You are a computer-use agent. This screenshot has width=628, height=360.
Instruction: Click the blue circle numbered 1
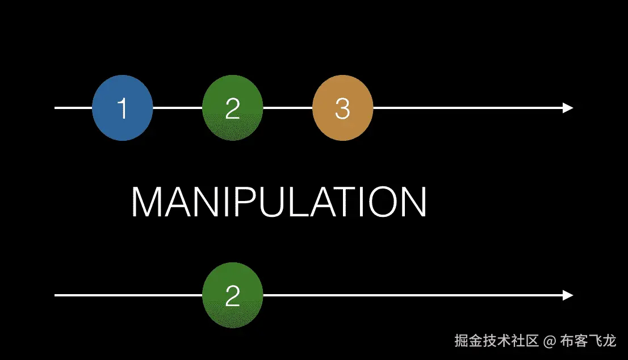(x=123, y=108)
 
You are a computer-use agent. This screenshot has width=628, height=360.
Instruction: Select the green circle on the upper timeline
(x=233, y=108)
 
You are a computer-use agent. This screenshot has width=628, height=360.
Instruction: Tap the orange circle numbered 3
(x=342, y=108)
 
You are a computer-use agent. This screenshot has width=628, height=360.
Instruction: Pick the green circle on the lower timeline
(x=233, y=295)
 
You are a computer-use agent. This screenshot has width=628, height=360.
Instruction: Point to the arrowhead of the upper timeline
(x=568, y=108)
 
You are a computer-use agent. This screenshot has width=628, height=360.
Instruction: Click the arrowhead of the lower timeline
(x=568, y=295)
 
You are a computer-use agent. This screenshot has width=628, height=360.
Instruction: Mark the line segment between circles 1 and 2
(x=178, y=107)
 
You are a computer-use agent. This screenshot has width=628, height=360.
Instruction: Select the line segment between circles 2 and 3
(x=287, y=107)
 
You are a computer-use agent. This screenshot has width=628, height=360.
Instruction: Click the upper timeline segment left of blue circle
(x=73, y=107)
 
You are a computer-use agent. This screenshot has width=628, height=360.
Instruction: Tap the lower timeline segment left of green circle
(x=128, y=295)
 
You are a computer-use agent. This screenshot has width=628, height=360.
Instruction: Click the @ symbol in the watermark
(x=549, y=341)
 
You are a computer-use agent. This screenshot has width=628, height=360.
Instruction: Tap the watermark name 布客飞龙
(x=588, y=341)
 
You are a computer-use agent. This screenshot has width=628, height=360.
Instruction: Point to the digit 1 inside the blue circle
(x=122, y=108)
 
